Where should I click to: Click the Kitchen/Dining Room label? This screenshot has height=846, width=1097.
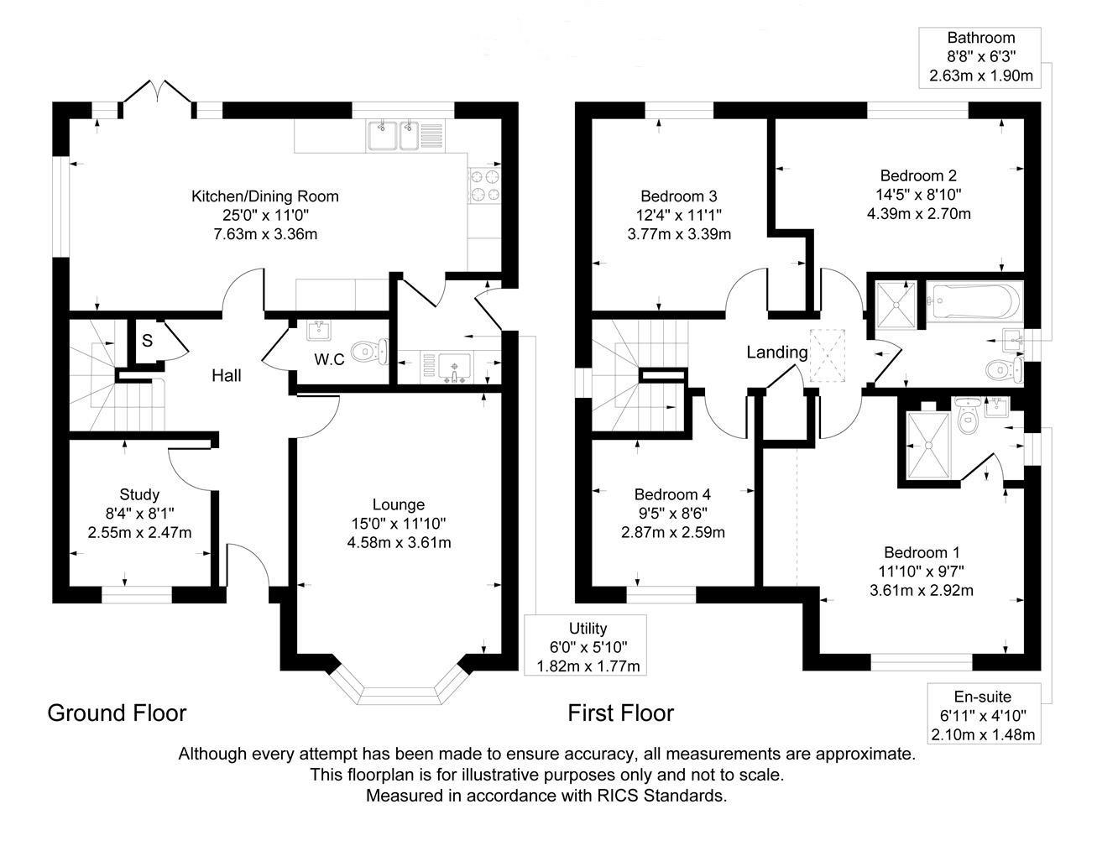pos(265,196)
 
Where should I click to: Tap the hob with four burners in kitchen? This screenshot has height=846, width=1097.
pos(485,185)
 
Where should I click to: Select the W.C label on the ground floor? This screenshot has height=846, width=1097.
pos(329,360)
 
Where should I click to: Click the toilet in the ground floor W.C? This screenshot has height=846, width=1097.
pos(369,352)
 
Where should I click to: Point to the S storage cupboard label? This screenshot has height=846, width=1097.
pos(147,341)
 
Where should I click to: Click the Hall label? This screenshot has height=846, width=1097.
pos(227,375)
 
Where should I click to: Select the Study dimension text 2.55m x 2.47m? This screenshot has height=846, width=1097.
pos(139,532)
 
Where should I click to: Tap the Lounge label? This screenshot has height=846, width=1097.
pos(399,504)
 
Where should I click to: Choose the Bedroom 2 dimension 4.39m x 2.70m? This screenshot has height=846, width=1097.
pos(918,213)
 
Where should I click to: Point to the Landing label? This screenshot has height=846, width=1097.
pos(777,352)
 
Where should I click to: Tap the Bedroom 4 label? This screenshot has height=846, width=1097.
pos(672,494)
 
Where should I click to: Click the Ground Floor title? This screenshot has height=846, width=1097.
pos(117,713)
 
